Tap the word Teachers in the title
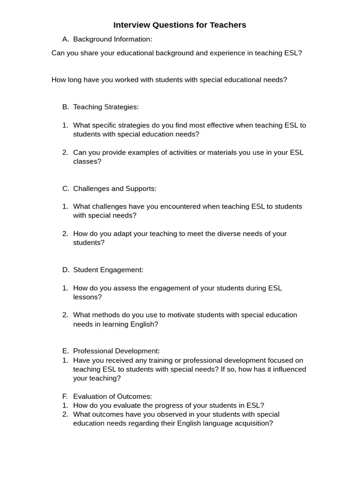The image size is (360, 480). click(228, 25)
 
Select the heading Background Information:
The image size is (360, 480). click(112, 39)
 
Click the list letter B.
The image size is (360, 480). click(65, 107)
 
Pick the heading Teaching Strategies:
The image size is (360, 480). click(106, 107)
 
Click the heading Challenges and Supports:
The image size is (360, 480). click(115, 188)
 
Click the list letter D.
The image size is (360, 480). click(65, 270)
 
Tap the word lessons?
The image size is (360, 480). click(87, 297)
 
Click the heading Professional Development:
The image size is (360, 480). click(116, 351)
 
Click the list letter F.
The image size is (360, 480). click(65, 396)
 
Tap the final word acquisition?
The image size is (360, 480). click(250, 423)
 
